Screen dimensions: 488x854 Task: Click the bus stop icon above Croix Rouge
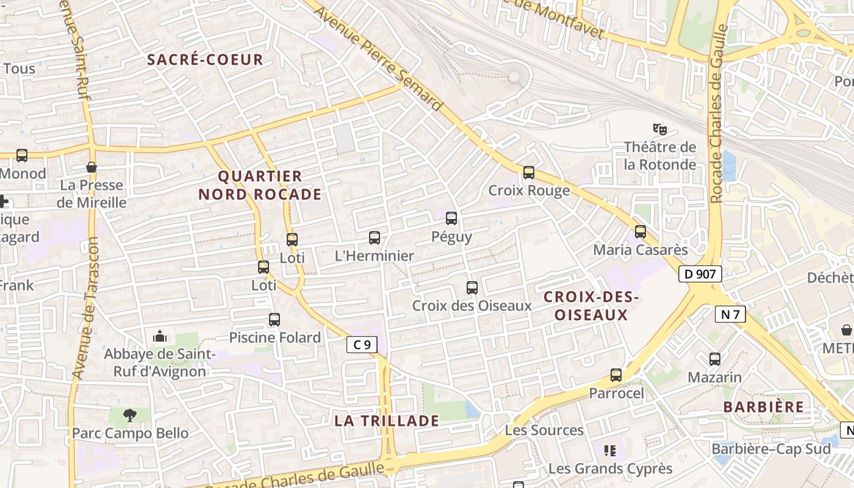(529, 173)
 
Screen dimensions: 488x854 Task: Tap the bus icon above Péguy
(451, 218)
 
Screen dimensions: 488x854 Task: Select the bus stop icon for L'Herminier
(375, 238)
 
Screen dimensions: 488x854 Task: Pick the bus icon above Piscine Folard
(274, 319)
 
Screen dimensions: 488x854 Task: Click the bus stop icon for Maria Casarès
(640, 232)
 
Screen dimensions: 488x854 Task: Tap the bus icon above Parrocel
(616, 375)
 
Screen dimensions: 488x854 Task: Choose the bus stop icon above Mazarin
(715, 359)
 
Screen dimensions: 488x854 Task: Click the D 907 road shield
(700, 274)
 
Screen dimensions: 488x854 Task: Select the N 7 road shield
(730, 314)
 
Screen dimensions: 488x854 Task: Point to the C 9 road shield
(362, 345)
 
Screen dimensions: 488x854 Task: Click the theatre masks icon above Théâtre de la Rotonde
(659, 129)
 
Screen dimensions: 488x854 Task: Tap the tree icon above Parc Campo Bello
(129, 415)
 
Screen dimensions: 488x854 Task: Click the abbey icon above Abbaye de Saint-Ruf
(160, 336)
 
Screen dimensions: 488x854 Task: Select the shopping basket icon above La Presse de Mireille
(91, 167)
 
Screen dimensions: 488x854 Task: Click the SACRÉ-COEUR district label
(205, 60)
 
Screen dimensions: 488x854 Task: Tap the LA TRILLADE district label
(387, 421)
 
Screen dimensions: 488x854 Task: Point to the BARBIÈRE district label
(764, 407)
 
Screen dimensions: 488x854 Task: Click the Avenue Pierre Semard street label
(378, 59)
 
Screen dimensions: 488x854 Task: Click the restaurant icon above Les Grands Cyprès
(609, 451)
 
